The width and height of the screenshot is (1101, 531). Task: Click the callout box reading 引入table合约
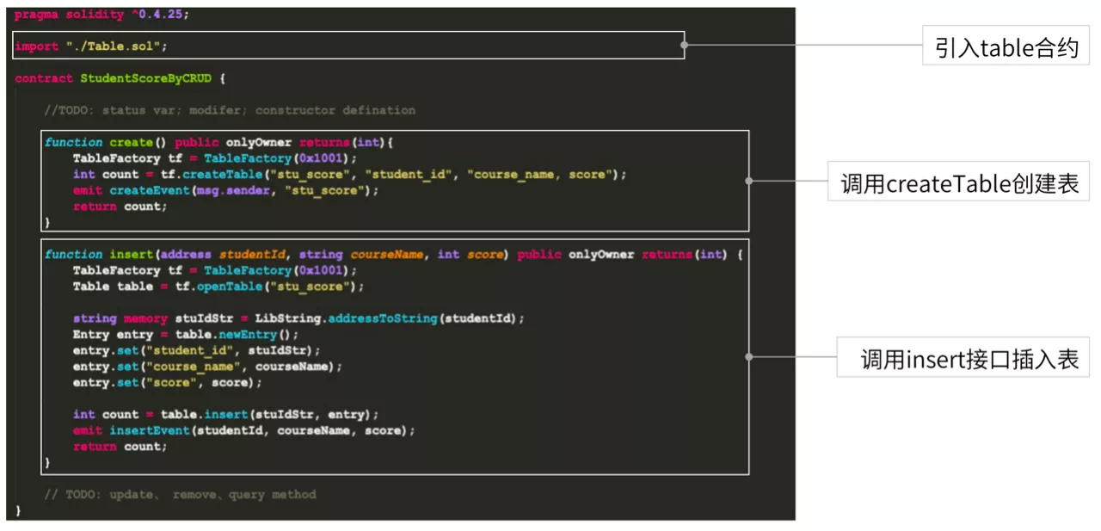[x=1006, y=46]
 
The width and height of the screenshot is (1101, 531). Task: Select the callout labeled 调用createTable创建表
[x=958, y=181]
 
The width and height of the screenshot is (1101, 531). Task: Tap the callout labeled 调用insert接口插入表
[x=963, y=357]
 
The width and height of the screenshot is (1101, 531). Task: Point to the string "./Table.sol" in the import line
[x=114, y=46]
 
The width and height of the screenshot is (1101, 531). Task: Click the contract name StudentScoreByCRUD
[x=146, y=78]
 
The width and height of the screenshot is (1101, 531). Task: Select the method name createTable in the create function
[x=223, y=175]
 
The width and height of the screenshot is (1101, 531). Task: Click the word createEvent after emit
[x=150, y=191]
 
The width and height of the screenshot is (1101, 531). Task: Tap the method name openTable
[x=230, y=287]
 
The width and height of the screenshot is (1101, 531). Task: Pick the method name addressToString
[x=383, y=318]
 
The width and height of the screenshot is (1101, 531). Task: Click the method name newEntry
[x=248, y=335]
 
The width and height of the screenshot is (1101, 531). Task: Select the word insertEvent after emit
[x=150, y=430]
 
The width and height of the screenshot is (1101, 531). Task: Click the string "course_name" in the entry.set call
[x=194, y=367]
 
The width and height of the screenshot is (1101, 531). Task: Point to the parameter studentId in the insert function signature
[x=252, y=254]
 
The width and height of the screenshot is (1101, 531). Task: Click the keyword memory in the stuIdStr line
[x=145, y=318]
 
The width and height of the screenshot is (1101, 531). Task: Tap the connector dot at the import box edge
[x=684, y=45]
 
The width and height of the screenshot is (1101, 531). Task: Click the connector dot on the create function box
[x=748, y=181]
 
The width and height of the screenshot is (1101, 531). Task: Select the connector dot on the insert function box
[x=748, y=357]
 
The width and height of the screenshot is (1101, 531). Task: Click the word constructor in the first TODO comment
[x=295, y=111]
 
